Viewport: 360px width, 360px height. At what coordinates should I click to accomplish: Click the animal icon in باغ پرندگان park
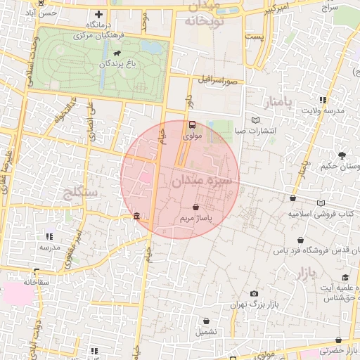(115, 52)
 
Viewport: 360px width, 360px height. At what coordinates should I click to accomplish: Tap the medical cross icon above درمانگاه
(99, 14)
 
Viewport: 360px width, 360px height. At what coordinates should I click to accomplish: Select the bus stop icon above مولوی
(192, 125)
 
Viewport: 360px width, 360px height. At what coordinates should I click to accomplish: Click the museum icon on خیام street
(136, 216)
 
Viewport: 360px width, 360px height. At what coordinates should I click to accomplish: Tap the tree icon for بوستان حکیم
(342, 155)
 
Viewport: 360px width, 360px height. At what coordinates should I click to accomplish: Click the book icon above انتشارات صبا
(255, 120)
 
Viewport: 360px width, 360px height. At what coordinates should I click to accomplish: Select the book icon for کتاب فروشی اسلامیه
(321, 203)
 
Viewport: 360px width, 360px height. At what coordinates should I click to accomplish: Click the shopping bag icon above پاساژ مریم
(195, 207)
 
